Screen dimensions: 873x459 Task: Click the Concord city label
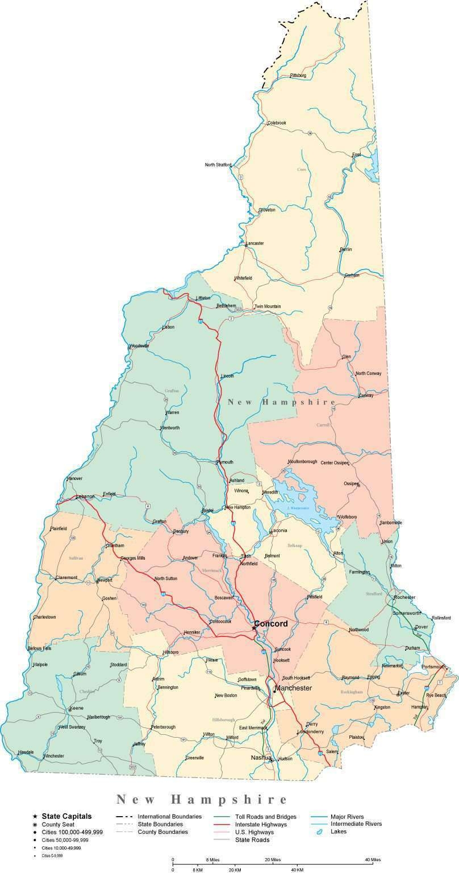(x=271, y=624)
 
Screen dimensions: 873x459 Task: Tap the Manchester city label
(x=293, y=688)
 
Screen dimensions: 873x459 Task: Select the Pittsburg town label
(x=298, y=76)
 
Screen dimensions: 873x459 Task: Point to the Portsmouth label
(x=435, y=667)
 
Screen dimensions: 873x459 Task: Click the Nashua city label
(x=261, y=758)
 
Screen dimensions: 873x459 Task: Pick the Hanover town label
(x=74, y=478)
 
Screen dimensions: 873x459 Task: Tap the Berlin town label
(x=345, y=250)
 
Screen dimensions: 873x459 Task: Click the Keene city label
(x=77, y=708)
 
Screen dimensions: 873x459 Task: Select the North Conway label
(x=368, y=374)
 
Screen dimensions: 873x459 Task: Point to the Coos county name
(x=302, y=169)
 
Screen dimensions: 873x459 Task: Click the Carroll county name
(x=323, y=425)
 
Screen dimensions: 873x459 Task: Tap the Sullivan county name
(x=76, y=558)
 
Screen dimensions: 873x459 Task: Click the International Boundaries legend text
(x=173, y=817)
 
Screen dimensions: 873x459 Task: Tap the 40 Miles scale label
(x=372, y=859)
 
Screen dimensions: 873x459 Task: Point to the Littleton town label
(x=203, y=298)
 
